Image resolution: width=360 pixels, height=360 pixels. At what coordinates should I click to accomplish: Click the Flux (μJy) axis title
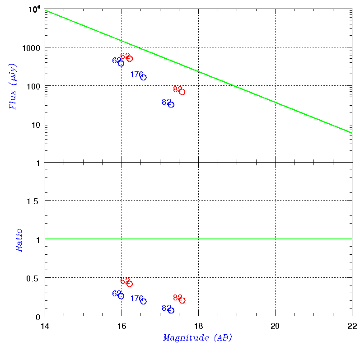tap(12, 87)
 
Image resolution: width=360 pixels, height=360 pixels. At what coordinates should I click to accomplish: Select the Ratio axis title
tap(19, 240)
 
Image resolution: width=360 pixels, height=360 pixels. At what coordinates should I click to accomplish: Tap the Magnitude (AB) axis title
tap(197, 338)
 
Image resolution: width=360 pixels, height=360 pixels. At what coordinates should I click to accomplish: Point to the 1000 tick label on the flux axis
tap(31, 48)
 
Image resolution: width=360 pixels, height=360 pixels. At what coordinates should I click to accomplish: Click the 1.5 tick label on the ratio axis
tap(33, 201)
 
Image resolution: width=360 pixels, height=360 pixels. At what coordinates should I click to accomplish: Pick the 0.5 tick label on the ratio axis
tap(33, 279)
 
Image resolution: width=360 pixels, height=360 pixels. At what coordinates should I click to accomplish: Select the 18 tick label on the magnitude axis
tap(198, 326)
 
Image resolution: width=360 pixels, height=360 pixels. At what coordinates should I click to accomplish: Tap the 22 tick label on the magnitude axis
tap(352, 326)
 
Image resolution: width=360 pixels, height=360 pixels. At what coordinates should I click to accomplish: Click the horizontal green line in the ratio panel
tap(198, 239)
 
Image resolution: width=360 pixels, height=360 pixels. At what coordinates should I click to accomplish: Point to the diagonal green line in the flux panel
tap(198, 72)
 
